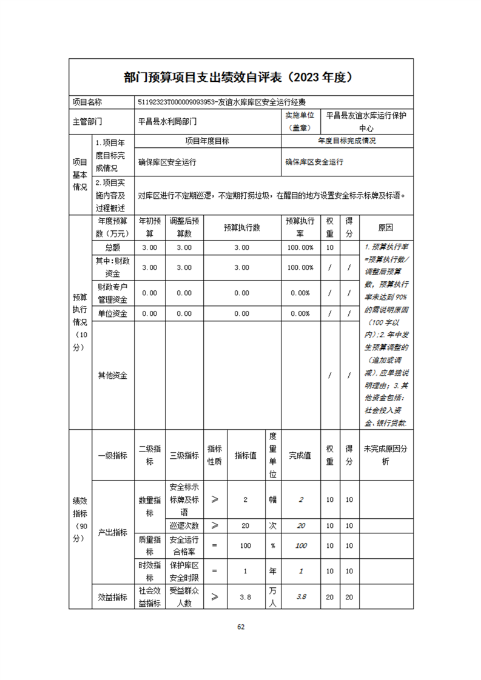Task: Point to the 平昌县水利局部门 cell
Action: tap(168, 121)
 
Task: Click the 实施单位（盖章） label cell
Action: tap(301, 121)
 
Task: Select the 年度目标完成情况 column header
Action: tap(347, 141)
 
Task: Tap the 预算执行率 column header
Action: tap(300, 228)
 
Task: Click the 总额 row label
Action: tap(113, 247)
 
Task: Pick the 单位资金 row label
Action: tap(113, 313)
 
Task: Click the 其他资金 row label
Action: tap(113, 375)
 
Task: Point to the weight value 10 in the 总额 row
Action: tap(330, 247)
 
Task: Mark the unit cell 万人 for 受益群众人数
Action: tap(273, 597)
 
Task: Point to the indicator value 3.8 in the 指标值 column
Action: tap(245, 597)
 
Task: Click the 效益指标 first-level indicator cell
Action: tap(113, 597)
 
